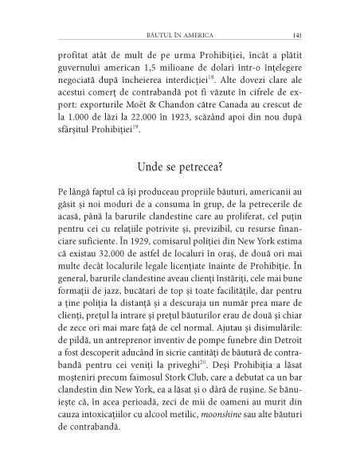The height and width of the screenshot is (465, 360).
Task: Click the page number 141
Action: [x=295, y=34]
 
